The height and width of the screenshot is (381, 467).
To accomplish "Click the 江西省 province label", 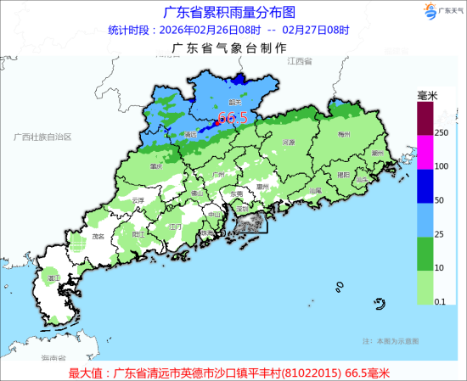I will (x=300, y=63).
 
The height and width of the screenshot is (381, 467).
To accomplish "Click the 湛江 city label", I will (x=53, y=277).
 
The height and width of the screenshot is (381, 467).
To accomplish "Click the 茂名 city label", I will (x=98, y=237).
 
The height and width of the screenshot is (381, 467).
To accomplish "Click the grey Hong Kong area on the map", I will (x=248, y=223).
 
